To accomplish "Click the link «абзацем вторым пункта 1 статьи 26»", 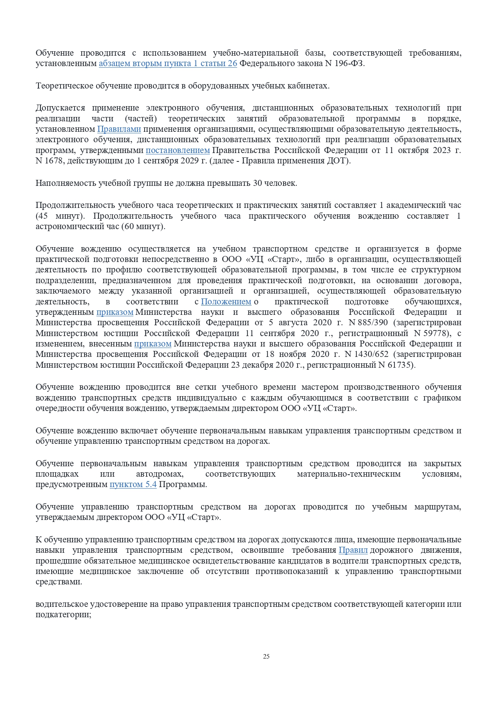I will pyautogui.click(x=168, y=63).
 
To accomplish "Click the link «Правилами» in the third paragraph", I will pyautogui.click(x=119, y=129).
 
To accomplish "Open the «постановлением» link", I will pyautogui.click(x=177, y=150).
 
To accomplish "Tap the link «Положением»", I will pyautogui.click(x=226, y=302).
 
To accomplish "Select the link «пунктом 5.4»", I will pyautogui.click(x=133, y=484).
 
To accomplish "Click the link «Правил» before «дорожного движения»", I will pyautogui.click(x=353, y=550).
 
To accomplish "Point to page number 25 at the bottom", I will pyautogui.click(x=266, y=656).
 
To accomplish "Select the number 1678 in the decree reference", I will pyautogui.click(x=54, y=161).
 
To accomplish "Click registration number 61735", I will pyautogui.click(x=401, y=365).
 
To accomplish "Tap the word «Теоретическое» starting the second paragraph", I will pyautogui.click(x=64, y=86).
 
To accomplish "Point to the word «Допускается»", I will pyautogui.click(x=60, y=108).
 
